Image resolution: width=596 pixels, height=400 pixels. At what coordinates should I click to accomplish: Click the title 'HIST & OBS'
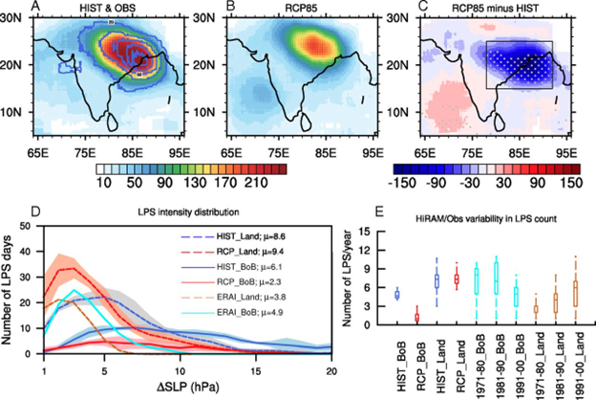pyautogui.click(x=102, y=8)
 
